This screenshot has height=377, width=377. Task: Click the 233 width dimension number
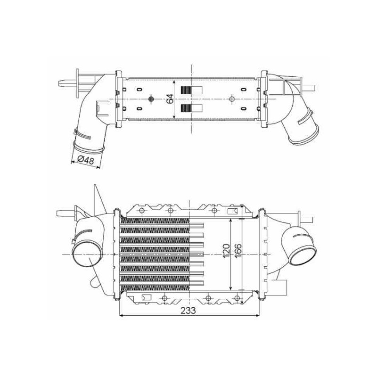pos(188,311)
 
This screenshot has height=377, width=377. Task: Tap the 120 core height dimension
pos(227,251)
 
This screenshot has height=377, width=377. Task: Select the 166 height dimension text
pos(238,251)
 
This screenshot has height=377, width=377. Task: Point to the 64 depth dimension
pos(170,99)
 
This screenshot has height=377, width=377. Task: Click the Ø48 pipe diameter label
pos(86,160)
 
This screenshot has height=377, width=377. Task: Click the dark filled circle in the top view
pos(151,99)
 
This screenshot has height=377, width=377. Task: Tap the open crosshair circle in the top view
pos(232,99)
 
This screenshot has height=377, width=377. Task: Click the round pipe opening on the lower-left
pos(87,254)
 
